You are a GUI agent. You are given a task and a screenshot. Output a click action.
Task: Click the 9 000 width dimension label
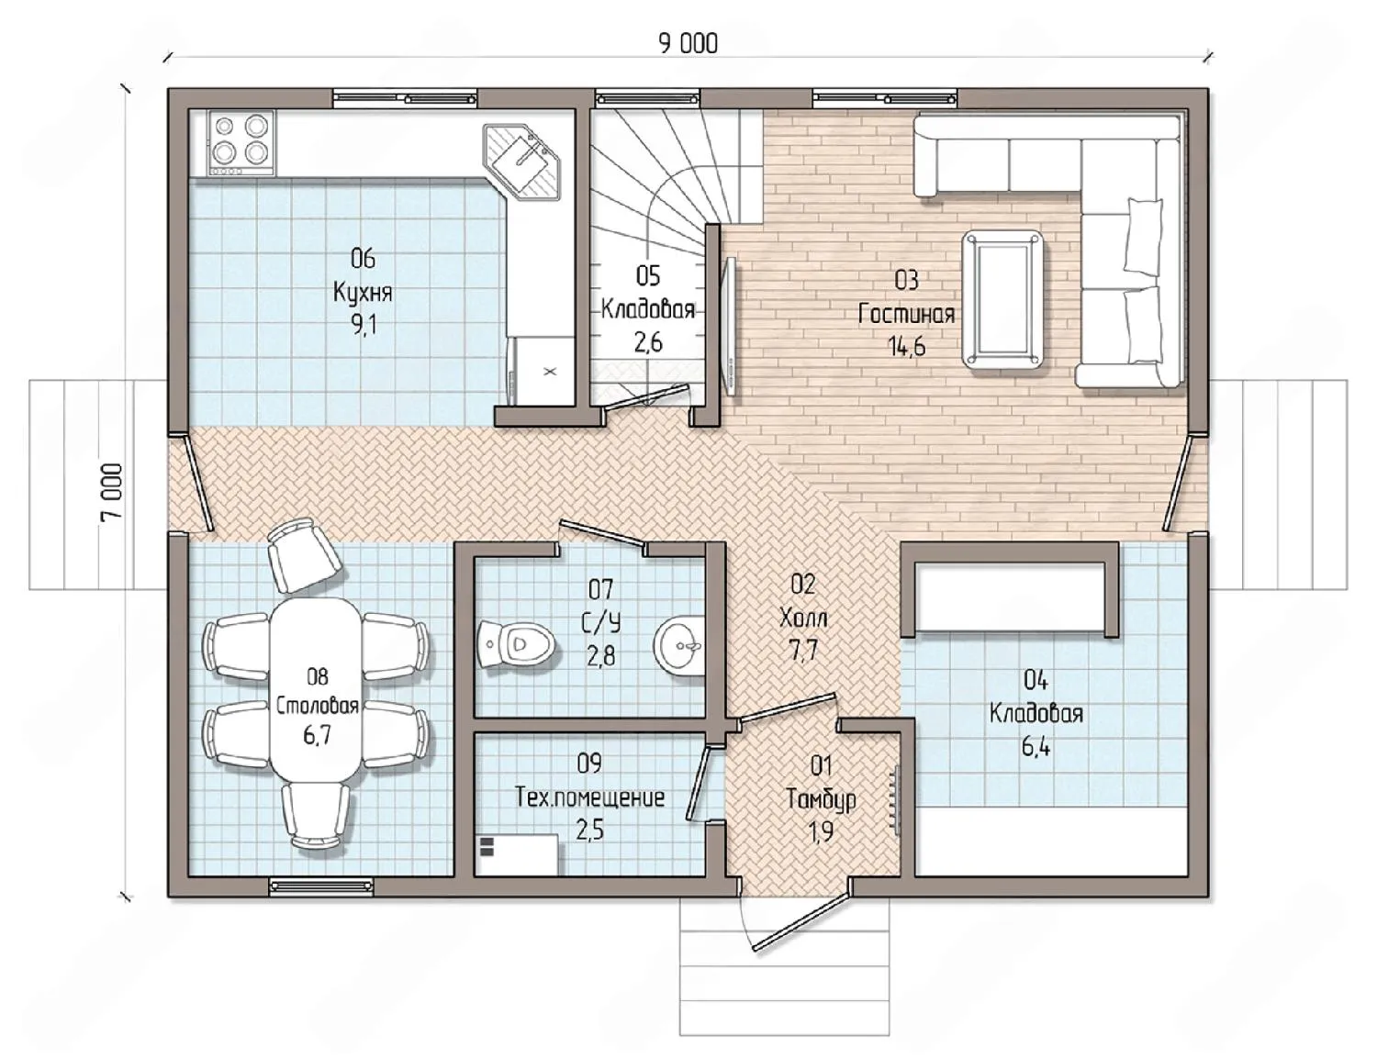point(688,44)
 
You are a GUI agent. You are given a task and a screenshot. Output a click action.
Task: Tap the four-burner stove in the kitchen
point(241,143)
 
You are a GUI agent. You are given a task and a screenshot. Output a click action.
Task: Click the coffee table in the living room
point(1003,299)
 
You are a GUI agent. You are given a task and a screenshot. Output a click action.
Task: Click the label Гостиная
point(906,314)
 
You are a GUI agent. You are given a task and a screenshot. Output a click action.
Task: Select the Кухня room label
point(363,293)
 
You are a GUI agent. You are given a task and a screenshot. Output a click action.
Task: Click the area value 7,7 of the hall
point(802,651)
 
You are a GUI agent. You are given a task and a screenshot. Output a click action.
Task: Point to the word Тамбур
point(821,799)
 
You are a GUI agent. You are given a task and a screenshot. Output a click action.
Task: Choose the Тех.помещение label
point(589,797)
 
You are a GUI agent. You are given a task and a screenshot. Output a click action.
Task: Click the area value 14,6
point(906,347)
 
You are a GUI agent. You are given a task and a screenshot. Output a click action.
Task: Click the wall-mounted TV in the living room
point(731,326)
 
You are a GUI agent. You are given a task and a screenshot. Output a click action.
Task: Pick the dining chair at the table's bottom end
point(316,816)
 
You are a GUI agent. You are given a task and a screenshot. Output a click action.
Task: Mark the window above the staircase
point(647,98)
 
